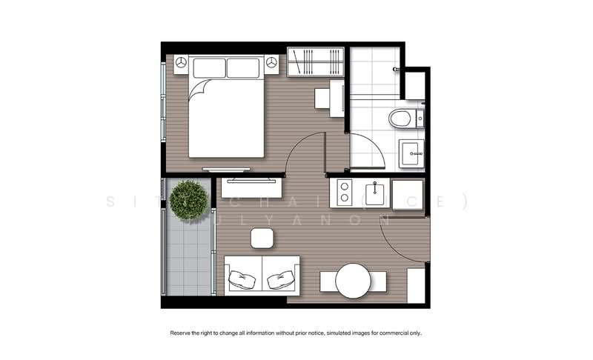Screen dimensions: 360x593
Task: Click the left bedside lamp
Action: pyautogui.click(x=181, y=64)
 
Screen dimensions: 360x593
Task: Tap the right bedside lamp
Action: pyautogui.click(x=273, y=64)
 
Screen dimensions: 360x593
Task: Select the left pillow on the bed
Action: pyautogui.click(x=209, y=68)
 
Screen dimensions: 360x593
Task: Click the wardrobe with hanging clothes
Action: pyautogui.click(x=316, y=61)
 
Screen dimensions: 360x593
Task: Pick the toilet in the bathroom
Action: pyautogui.click(x=401, y=118)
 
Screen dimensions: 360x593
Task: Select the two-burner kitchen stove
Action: pyautogui.click(x=344, y=194)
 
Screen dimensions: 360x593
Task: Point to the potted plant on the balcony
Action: pyautogui.click(x=188, y=199)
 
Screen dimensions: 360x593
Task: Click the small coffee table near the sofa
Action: pyautogui.click(x=262, y=238)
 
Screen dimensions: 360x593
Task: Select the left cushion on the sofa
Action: pyautogui.click(x=242, y=280)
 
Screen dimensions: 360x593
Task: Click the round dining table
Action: pyautogui.click(x=353, y=281)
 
